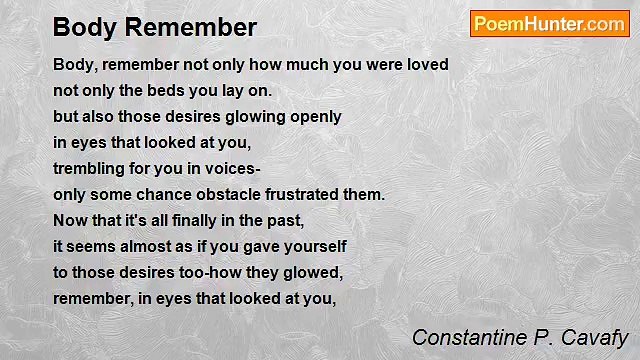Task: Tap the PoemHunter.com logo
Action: tap(549, 24)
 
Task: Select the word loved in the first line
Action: tap(426, 64)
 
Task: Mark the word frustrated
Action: tap(311, 194)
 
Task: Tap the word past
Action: tap(284, 220)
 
